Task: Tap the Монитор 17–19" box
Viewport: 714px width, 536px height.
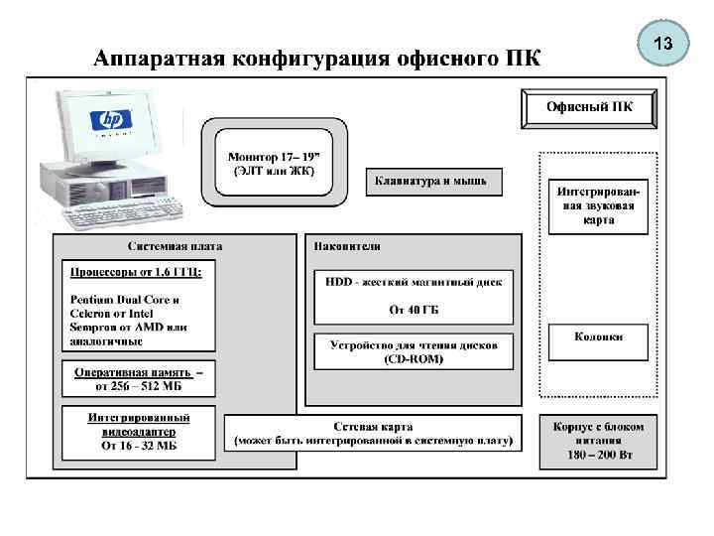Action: tap(274, 163)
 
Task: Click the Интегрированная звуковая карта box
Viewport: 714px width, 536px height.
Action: tap(598, 205)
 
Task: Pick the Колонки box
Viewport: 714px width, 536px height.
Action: tap(598, 337)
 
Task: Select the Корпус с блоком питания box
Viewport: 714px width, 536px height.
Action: tap(598, 441)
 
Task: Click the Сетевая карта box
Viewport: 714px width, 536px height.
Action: tap(373, 432)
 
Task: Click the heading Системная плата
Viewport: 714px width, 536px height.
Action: tap(175, 246)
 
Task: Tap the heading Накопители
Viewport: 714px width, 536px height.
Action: tap(347, 246)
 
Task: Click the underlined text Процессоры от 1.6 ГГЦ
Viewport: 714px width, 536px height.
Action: tap(135, 271)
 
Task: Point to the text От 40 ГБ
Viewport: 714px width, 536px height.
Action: tap(414, 310)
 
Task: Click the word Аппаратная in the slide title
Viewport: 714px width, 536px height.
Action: tap(158, 57)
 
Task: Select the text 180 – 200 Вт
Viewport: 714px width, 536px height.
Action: tap(598, 456)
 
